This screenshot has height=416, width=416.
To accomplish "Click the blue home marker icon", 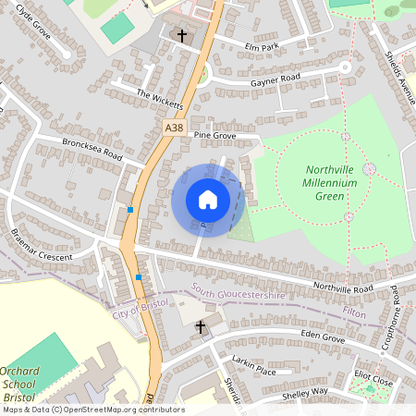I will coord(208,200).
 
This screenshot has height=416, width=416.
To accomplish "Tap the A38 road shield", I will coord(176,126).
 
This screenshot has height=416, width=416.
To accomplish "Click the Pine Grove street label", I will coord(214,135).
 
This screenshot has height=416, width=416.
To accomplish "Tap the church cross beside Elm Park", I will coord(181,36).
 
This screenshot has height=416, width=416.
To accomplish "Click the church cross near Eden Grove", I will coord(200,326).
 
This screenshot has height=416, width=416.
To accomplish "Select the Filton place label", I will coord(354,314).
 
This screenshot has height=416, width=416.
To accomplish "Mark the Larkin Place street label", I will coord(254,371).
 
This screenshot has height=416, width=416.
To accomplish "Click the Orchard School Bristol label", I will coord(18,383).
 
